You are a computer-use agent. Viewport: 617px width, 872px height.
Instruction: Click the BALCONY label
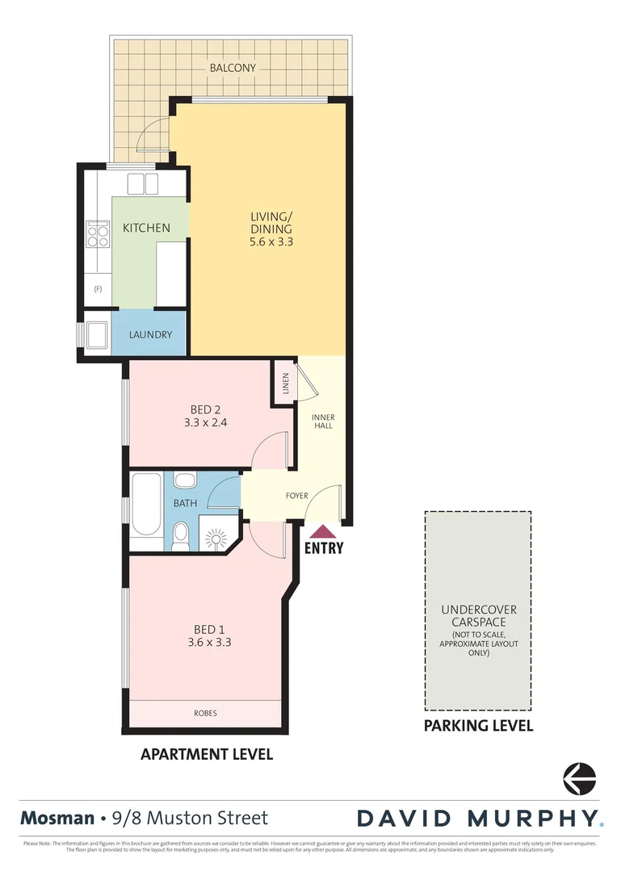click(x=233, y=69)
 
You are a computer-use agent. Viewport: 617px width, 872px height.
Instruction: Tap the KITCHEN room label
click(x=146, y=228)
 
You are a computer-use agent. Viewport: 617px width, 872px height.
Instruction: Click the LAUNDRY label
click(x=150, y=334)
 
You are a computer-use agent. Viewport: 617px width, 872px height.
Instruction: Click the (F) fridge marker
click(x=98, y=288)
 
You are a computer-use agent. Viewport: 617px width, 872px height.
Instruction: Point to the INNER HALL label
click(x=323, y=422)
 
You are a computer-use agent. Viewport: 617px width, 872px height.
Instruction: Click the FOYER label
click(x=296, y=496)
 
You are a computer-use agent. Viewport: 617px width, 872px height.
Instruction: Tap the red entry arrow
click(x=323, y=531)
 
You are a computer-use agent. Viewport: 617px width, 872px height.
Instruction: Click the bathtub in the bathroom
click(x=146, y=505)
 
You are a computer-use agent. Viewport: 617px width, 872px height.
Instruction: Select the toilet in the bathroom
click(x=182, y=535)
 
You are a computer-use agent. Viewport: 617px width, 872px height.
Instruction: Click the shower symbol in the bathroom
click(x=218, y=536)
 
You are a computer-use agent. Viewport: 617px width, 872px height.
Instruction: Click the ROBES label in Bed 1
click(x=205, y=713)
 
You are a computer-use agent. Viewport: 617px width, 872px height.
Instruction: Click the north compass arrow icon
click(x=579, y=778)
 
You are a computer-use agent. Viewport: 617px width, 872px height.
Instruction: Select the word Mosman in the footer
click(x=57, y=818)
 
